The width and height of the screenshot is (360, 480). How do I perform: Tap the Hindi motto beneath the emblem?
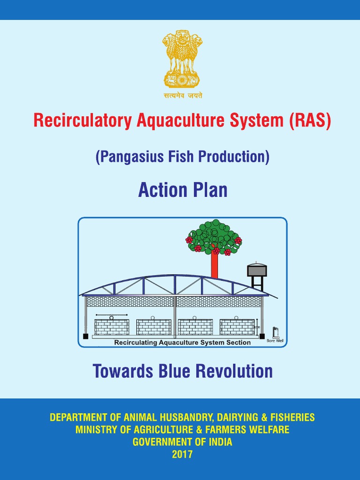pos(182,95)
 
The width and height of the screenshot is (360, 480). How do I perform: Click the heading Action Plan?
pos(182,190)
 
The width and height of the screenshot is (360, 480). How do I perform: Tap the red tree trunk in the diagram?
pos(214,265)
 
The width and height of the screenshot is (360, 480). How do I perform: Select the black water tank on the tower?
pos(257,270)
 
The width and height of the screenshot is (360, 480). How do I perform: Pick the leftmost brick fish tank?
pos(112,327)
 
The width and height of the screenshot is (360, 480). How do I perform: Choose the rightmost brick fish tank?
pos(237,327)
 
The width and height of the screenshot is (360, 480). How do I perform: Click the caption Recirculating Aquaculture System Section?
pos(182,343)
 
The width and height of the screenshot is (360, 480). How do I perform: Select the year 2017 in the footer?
pos(182,454)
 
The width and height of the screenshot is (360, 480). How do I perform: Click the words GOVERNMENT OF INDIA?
pos(182,442)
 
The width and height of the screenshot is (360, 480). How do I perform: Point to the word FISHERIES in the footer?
pos(291,417)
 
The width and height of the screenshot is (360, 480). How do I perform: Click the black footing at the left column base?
pos(85,336)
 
